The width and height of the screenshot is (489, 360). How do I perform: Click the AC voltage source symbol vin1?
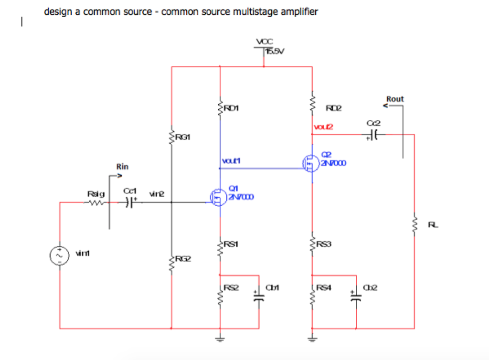click(x=60, y=255)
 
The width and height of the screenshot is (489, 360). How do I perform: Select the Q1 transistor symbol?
click(x=218, y=196)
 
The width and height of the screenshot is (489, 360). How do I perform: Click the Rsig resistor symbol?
click(x=94, y=202)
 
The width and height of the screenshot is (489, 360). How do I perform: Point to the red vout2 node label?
click(x=323, y=127)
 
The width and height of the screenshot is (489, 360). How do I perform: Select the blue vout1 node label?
click(x=231, y=161)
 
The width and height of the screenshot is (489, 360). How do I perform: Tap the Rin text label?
click(x=122, y=167)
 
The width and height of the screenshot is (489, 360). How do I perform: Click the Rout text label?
click(x=395, y=99)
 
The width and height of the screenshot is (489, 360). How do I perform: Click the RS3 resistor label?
click(x=324, y=244)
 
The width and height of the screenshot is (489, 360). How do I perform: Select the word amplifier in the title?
click(x=299, y=11)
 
